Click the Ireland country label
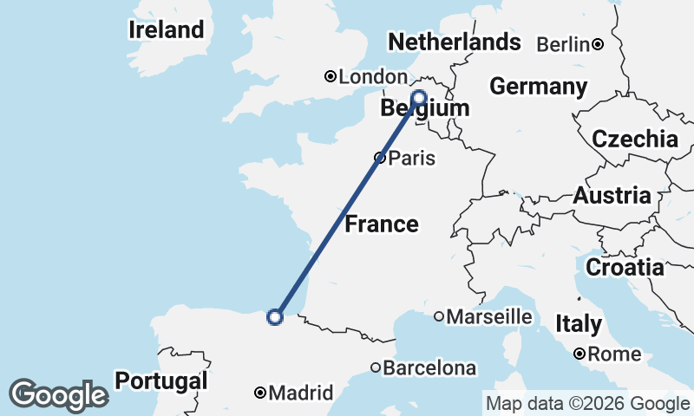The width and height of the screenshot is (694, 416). point(167,29)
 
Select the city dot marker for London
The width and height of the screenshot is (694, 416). point(331,76)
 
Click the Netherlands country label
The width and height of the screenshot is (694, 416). point(455,42)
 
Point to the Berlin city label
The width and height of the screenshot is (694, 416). point(563,44)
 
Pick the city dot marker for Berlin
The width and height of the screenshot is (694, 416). point(598,43)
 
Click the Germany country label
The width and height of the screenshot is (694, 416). point(538,87)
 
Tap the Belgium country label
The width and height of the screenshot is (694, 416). point(425,109)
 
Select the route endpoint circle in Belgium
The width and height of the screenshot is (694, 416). point(419,97)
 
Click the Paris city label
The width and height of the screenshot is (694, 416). point(412,159)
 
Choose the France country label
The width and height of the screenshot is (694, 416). point(382,225)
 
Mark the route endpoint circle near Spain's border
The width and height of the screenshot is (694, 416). point(275,317)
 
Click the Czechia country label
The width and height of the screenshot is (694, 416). point(635,139)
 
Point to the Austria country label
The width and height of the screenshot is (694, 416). point(612,196)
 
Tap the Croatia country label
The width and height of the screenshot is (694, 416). point(625,268)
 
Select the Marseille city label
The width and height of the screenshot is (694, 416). point(489,317)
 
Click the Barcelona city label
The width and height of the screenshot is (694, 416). point(429,368)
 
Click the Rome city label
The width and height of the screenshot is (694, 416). point(614,354)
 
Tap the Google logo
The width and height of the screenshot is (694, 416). point(59,395)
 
